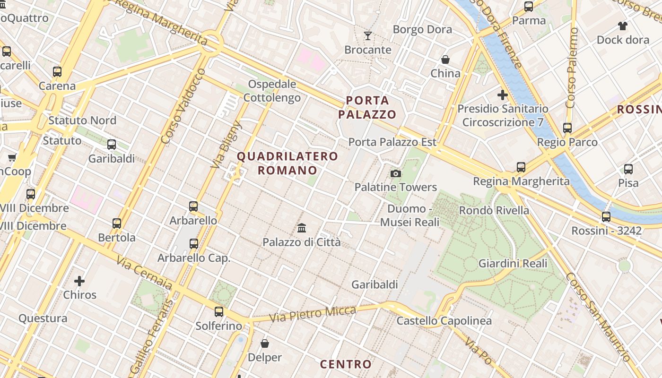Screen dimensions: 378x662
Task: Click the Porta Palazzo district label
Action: click(367, 107)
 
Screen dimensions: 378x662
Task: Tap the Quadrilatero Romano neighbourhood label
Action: click(287, 163)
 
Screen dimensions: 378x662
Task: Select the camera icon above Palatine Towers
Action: click(396, 174)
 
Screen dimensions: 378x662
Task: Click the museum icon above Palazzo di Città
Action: click(302, 228)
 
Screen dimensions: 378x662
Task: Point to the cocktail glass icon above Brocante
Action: click(368, 35)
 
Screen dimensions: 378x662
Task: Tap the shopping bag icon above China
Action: click(445, 60)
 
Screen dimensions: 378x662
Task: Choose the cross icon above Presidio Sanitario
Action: click(503, 95)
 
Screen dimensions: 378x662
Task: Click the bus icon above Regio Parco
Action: click(567, 128)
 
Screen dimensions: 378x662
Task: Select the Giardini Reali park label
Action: click(513, 264)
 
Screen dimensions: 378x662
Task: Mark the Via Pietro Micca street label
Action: click(313, 314)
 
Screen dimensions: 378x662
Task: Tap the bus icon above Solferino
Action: click(218, 312)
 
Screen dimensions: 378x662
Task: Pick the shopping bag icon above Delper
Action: click(265, 344)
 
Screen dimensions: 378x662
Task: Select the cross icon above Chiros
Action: click(79, 281)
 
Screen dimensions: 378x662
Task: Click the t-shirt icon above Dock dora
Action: click(622, 26)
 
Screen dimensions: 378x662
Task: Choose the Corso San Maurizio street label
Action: click(599, 317)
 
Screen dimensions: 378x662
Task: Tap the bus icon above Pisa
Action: click(628, 169)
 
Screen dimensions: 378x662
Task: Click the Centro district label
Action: click(346, 364)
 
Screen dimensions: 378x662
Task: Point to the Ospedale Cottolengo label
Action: click(272, 91)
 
